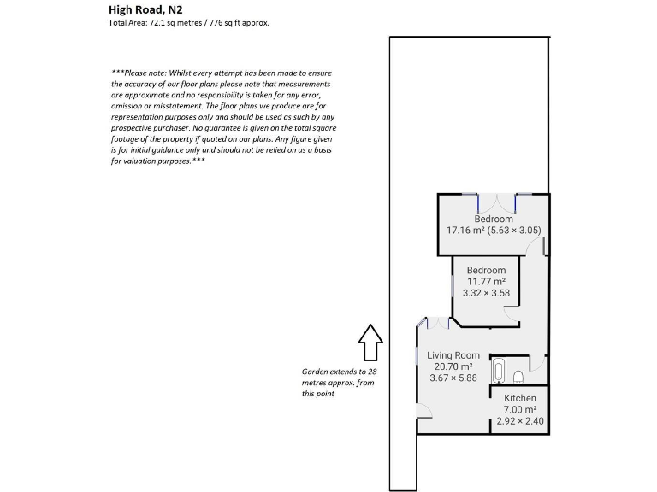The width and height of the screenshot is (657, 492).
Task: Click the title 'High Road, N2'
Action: (x=145, y=9)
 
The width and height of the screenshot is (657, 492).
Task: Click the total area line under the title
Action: (x=188, y=23)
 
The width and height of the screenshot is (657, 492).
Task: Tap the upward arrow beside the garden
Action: (x=370, y=343)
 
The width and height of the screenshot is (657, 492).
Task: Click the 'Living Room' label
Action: (x=453, y=355)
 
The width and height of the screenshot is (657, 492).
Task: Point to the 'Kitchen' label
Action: (x=519, y=399)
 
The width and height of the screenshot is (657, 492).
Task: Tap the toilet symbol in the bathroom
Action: (x=518, y=376)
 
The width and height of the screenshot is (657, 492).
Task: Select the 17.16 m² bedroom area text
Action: (x=494, y=231)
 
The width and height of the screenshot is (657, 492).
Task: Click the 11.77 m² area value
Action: (x=486, y=282)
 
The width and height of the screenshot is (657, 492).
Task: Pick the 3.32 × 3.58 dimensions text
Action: (x=486, y=293)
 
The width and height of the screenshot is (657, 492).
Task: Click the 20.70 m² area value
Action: (x=453, y=366)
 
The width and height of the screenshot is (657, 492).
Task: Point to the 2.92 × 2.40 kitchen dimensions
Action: (x=519, y=421)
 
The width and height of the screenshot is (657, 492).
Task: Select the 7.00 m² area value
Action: (x=519, y=410)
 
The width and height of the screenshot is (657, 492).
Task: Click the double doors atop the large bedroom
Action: (x=495, y=203)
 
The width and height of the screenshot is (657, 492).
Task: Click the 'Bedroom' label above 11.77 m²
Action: (x=486, y=271)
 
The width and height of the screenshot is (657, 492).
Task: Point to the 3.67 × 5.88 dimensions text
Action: (x=453, y=378)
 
